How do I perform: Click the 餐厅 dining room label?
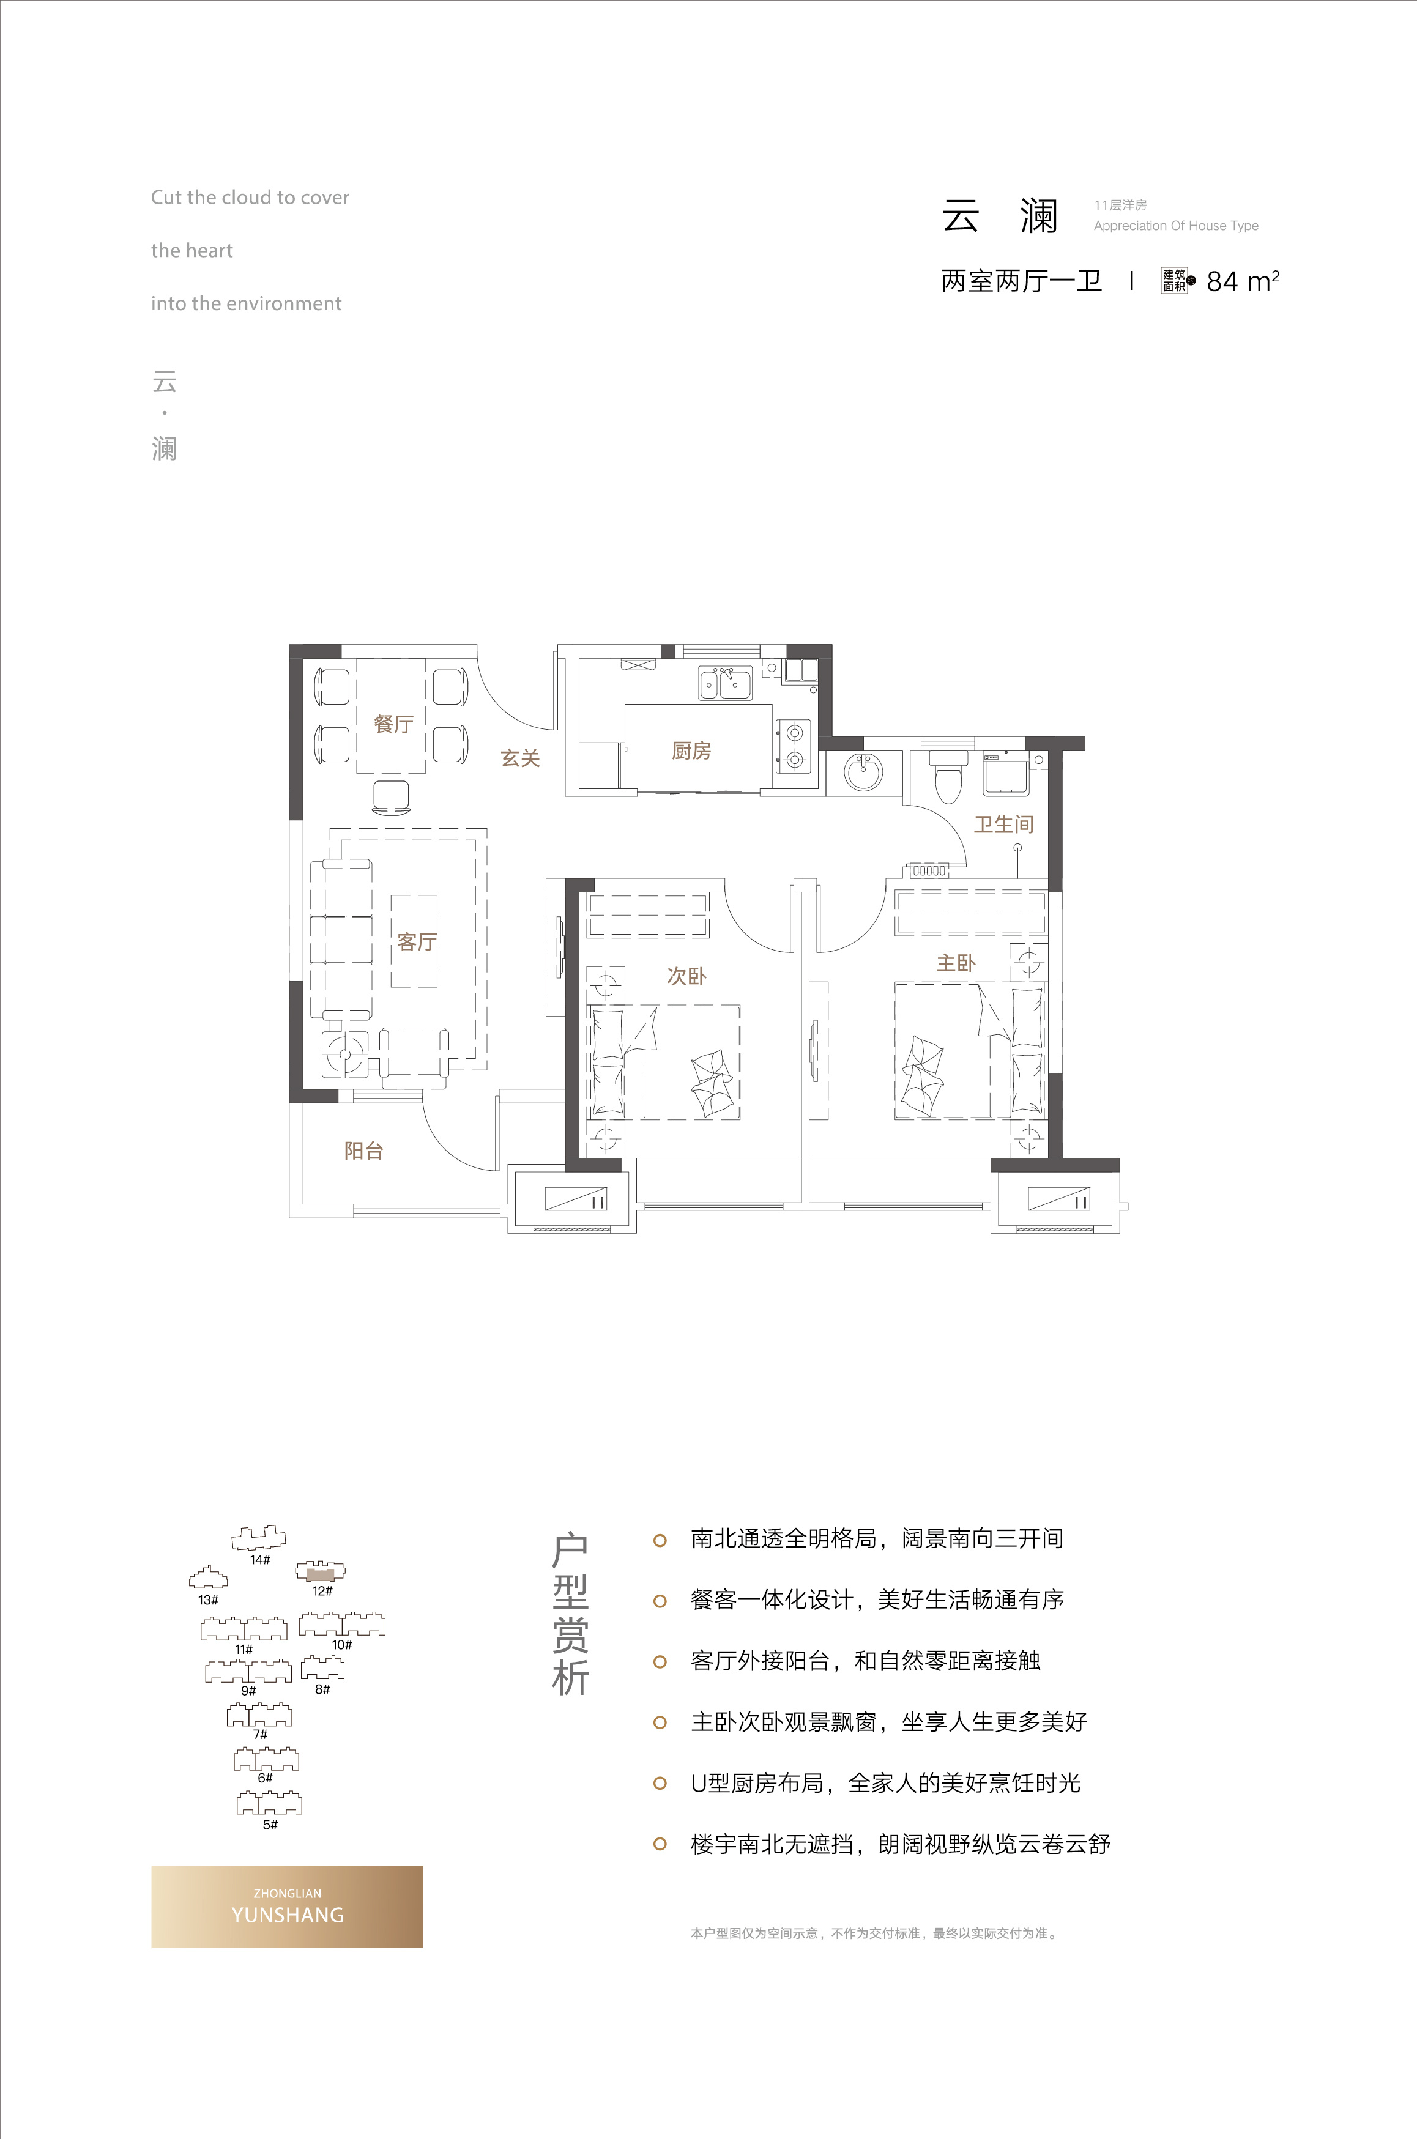[393, 724]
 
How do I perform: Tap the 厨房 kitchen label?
[691, 751]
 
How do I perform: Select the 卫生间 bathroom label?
[1003, 824]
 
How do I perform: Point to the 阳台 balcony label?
[363, 1150]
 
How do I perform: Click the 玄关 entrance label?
[521, 758]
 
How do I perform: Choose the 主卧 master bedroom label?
[956, 963]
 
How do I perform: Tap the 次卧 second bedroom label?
[687, 976]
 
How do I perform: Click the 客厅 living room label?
[417, 941]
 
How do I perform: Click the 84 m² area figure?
[1243, 282]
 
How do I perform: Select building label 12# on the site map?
[322, 1591]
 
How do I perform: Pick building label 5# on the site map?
[270, 1825]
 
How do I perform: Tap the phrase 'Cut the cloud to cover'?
[250, 197]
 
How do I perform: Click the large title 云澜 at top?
[1000, 217]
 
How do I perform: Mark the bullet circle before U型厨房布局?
[660, 1783]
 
